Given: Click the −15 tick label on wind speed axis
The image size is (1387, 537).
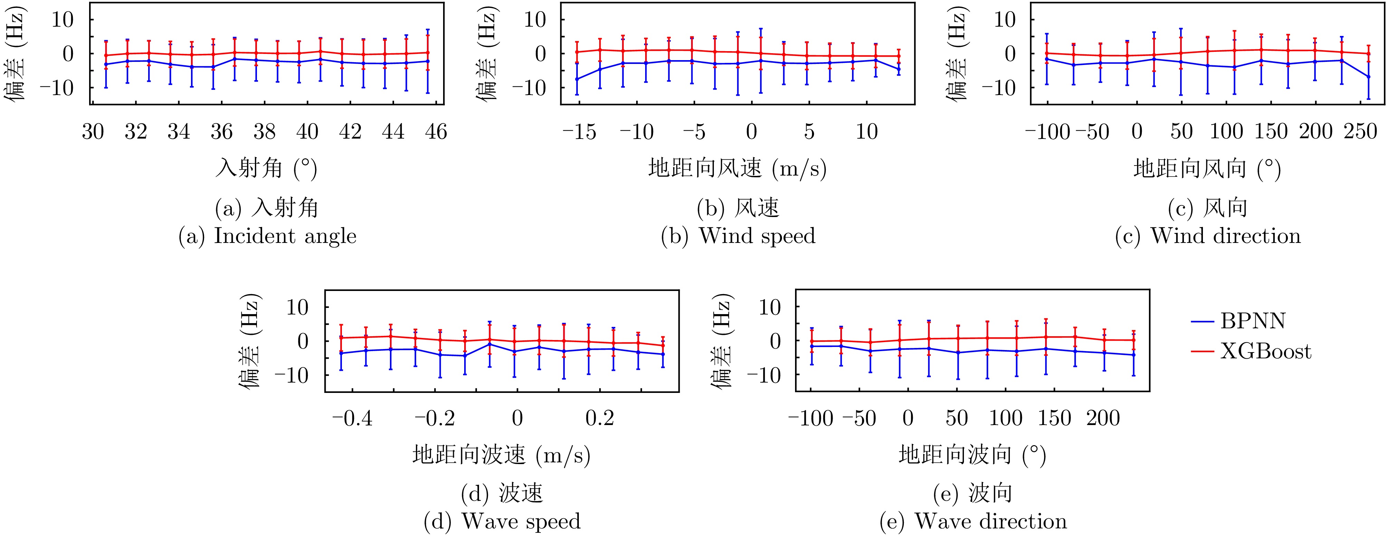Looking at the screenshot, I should [x=579, y=131].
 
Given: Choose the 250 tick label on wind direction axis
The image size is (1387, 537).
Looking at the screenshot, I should [x=1360, y=131].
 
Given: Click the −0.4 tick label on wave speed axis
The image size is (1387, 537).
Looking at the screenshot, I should [x=352, y=418].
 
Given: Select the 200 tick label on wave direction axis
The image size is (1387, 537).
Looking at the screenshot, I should [x=1103, y=418].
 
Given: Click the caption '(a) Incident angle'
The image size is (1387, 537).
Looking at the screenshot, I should [x=268, y=236].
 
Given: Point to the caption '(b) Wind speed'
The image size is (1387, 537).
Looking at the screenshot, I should [x=738, y=236].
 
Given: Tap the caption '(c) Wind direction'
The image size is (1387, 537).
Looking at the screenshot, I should [x=1208, y=236].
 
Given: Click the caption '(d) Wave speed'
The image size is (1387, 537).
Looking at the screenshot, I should [x=503, y=521].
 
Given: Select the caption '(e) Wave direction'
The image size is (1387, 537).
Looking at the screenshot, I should [x=973, y=521].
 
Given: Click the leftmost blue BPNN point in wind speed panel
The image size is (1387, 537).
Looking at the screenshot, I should [x=577, y=79].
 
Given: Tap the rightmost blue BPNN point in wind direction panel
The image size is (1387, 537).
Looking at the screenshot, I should [x=1368, y=76].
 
